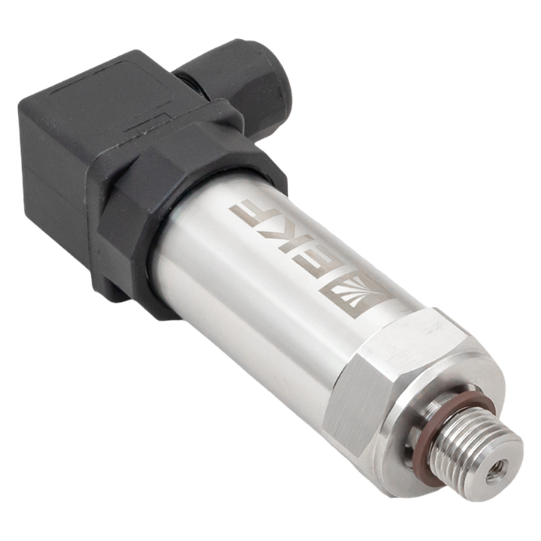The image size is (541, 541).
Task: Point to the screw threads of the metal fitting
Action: (459, 449)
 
